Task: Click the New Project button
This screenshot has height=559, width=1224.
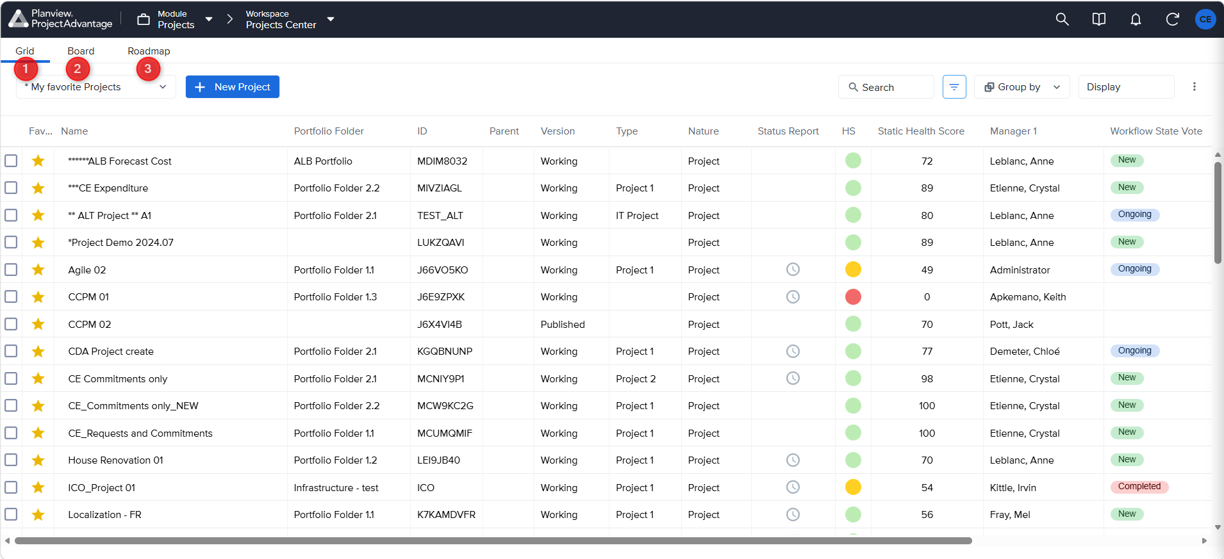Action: click(232, 87)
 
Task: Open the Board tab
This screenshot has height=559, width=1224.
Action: click(81, 51)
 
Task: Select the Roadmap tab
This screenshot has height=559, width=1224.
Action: click(149, 51)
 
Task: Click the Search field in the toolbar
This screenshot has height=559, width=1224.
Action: click(886, 87)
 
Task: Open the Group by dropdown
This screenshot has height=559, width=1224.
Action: click(1021, 87)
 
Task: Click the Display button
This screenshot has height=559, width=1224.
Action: click(1126, 87)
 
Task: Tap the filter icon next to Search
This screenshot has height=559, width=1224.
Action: click(954, 87)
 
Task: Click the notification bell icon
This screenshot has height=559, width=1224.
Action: click(1136, 19)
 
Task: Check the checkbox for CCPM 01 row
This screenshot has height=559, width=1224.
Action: click(11, 297)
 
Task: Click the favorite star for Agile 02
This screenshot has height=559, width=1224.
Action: click(38, 270)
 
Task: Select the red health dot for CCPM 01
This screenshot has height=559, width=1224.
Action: click(853, 297)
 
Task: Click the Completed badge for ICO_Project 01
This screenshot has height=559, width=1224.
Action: click(1139, 487)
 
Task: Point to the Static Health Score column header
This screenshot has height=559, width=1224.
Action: click(921, 131)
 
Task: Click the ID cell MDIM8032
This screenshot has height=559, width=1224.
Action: click(442, 161)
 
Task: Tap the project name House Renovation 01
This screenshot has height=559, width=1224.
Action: click(116, 460)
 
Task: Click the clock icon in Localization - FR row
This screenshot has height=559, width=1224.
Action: click(793, 514)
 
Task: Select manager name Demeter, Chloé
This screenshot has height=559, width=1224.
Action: click(1025, 352)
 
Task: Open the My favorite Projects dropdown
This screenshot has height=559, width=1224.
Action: click(96, 87)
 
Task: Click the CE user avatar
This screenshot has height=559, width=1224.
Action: click(1205, 19)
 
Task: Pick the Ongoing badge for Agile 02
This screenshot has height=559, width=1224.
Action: click(1135, 269)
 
